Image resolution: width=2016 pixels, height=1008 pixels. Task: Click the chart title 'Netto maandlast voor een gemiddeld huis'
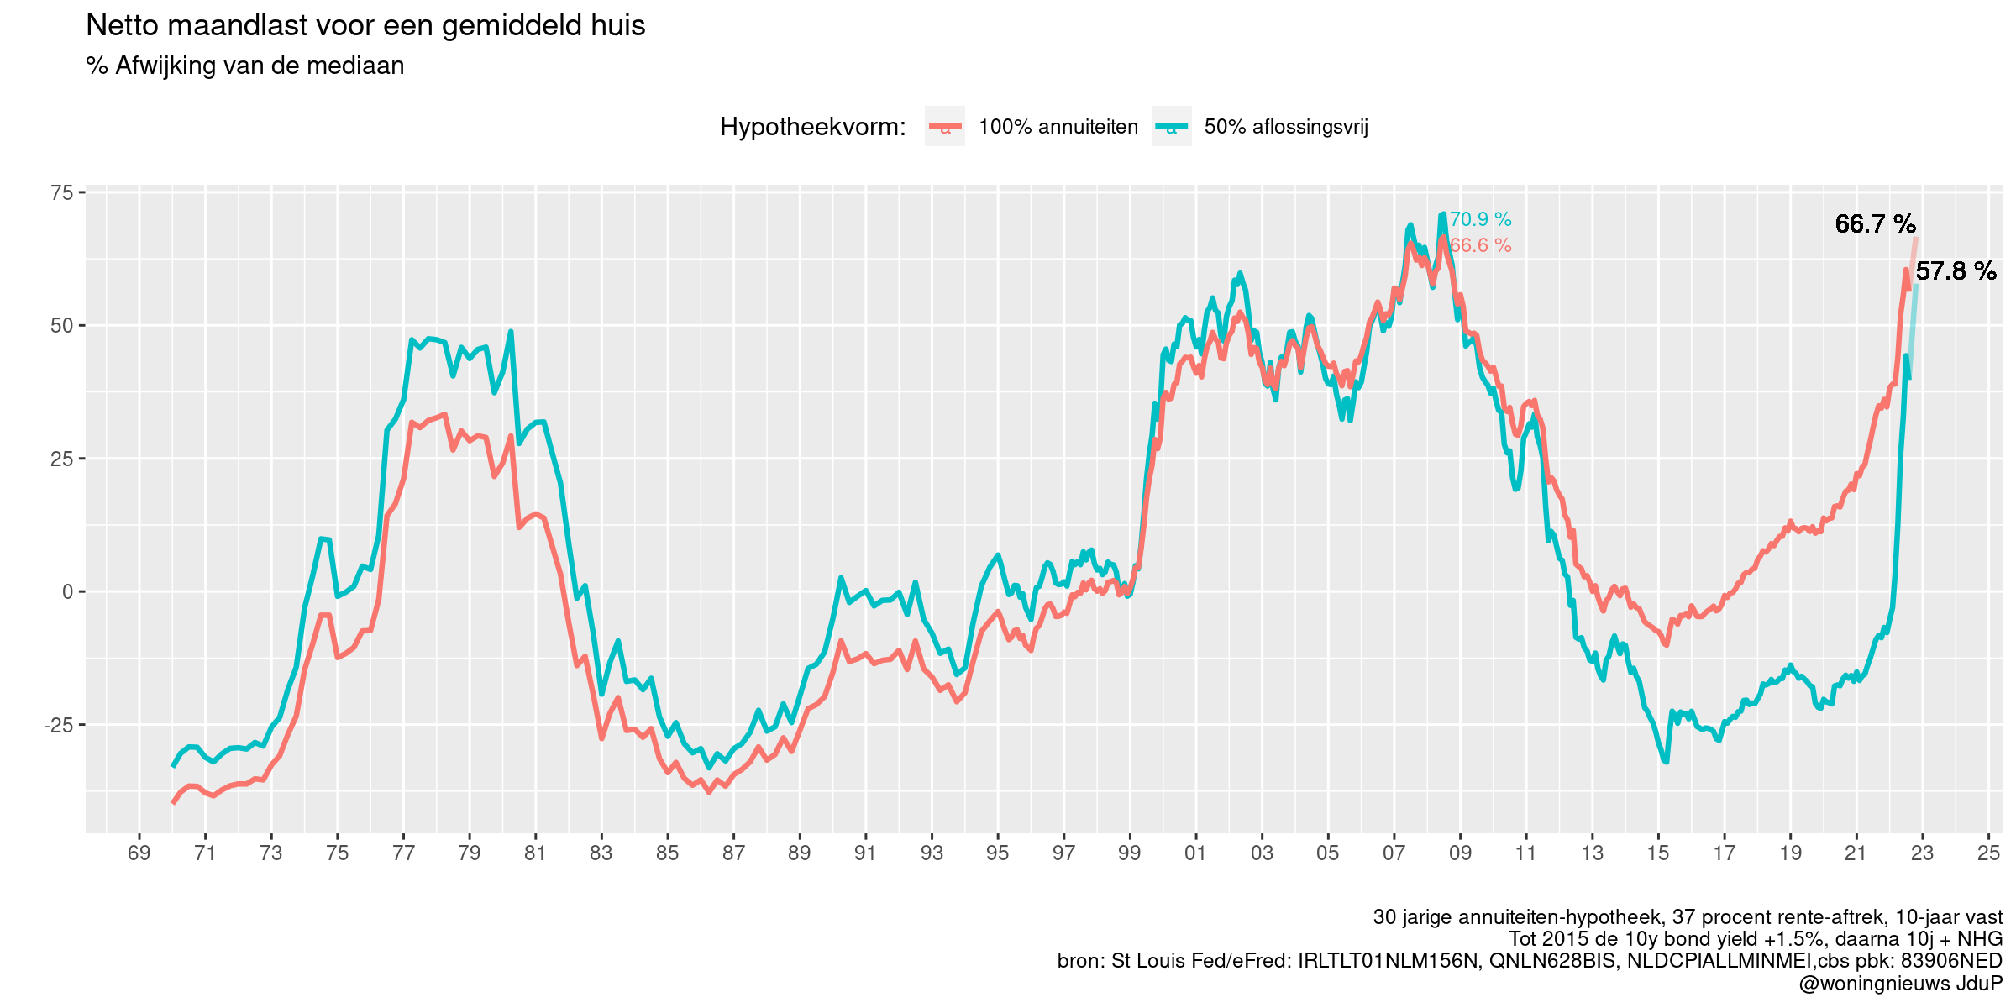coord(365,26)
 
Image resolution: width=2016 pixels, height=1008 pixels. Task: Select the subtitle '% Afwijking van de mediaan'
coord(244,66)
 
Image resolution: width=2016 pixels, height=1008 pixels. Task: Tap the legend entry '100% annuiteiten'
coord(1058,127)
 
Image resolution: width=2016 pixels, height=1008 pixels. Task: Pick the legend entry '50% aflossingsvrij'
coord(1285,127)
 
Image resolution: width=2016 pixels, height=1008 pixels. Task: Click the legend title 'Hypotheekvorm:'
coord(812,128)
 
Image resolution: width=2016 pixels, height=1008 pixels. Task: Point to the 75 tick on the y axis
coord(62,193)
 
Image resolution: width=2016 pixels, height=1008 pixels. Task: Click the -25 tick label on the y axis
coord(58,725)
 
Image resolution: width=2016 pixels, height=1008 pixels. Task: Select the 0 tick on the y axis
coord(68,592)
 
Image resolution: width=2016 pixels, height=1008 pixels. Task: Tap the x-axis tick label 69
coord(139,853)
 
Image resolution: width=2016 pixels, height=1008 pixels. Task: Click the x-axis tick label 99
coord(1130,853)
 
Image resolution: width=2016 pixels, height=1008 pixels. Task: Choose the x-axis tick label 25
coord(1988,853)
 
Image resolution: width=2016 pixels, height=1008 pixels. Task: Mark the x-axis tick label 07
coord(1394,853)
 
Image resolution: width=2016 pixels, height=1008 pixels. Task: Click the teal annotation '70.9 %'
coord(1480,220)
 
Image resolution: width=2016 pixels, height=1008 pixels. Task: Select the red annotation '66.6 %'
coord(1480,246)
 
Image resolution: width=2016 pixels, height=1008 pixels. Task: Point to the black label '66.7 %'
coord(1875,224)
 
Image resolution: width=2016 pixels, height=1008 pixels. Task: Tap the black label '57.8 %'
coord(1956,271)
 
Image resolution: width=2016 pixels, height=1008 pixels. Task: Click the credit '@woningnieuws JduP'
coord(1900,984)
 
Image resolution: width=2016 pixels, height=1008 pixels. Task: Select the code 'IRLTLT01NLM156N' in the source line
coord(1387,961)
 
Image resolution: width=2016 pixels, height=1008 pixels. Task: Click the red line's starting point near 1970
coord(173,803)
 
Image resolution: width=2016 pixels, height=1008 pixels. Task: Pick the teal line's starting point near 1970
coord(173,766)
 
